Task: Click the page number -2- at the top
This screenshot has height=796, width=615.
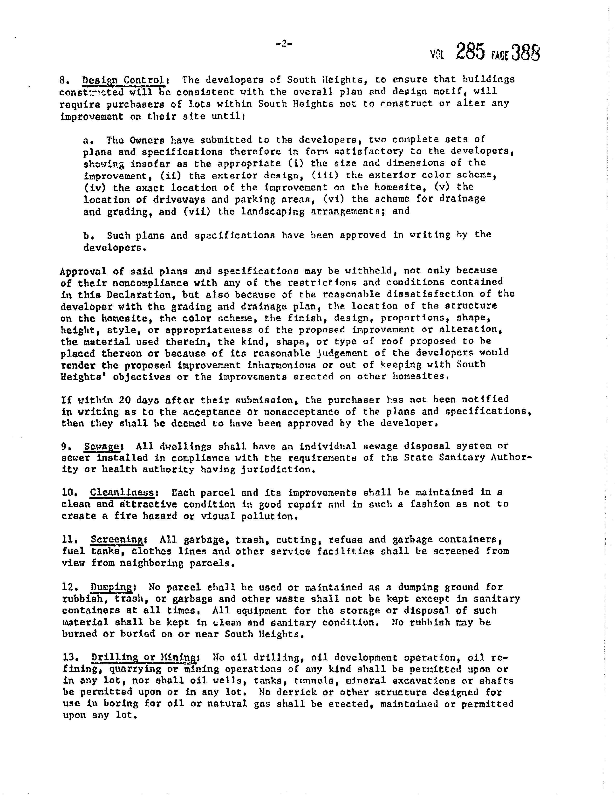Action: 284,44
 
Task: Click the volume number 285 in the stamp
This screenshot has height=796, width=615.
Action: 470,52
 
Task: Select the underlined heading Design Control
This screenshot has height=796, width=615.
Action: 123,80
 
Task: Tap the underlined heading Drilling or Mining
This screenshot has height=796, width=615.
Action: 143,658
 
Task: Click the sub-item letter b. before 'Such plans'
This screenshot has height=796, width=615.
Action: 89,235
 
